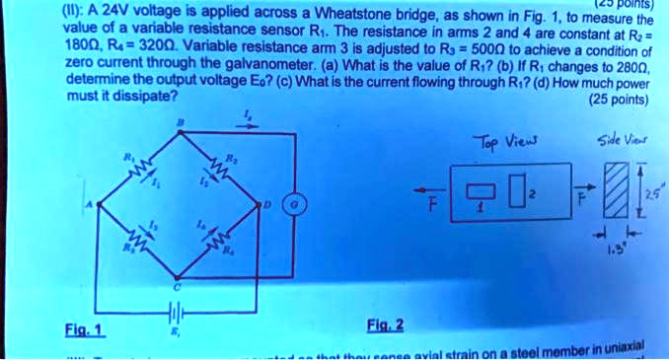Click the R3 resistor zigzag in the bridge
(141, 238)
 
